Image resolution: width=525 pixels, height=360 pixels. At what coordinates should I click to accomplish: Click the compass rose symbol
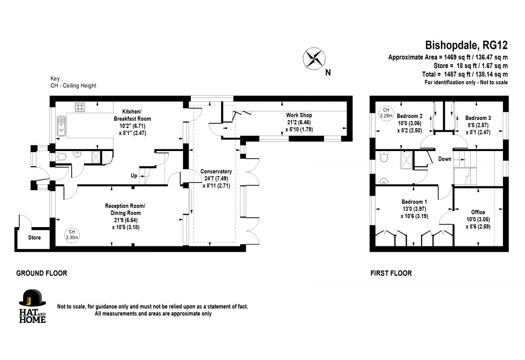click(314, 58)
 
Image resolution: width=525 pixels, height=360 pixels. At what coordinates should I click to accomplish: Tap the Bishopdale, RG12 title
click(466, 45)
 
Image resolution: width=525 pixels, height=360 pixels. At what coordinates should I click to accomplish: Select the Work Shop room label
click(299, 115)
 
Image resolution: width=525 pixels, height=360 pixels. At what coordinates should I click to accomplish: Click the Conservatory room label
click(216, 171)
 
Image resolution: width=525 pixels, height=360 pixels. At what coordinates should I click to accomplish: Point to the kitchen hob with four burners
click(80, 107)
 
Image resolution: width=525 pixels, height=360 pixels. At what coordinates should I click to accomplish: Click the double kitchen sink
click(61, 126)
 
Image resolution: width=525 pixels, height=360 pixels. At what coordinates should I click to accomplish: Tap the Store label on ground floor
click(34, 238)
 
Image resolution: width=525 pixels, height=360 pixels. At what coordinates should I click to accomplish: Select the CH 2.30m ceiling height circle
click(72, 235)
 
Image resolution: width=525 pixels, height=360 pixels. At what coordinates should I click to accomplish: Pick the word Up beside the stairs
click(134, 176)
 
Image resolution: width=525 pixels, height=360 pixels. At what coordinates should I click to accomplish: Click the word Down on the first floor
click(445, 159)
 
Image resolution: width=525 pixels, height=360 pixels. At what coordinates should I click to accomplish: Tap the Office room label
click(478, 212)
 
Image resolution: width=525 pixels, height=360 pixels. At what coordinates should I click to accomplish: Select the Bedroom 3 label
click(478, 118)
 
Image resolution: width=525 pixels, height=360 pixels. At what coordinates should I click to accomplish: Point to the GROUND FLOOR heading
click(42, 273)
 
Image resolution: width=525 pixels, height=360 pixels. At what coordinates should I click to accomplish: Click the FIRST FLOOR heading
click(391, 273)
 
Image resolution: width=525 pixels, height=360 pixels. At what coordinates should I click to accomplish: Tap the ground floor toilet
click(61, 156)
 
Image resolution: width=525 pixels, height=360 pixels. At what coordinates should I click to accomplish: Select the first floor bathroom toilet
click(384, 157)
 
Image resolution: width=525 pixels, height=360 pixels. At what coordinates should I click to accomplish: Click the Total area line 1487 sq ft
click(465, 74)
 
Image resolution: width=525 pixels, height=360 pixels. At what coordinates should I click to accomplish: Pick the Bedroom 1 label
click(414, 202)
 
